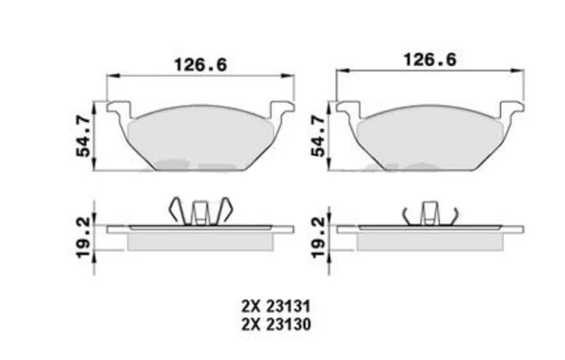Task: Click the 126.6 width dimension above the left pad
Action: [x=200, y=65]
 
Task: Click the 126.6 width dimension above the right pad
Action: [x=429, y=59]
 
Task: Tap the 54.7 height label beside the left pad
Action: [x=83, y=137]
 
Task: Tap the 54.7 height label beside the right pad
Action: [x=318, y=137]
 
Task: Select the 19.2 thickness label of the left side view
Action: [x=83, y=238]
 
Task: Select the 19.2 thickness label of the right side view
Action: [x=318, y=238]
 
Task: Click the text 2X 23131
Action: [x=276, y=307]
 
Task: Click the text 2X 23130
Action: [x=276, y=325]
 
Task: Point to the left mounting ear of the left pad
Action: [x=119, y=108]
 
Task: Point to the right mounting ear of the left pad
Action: [x=282, y=108]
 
